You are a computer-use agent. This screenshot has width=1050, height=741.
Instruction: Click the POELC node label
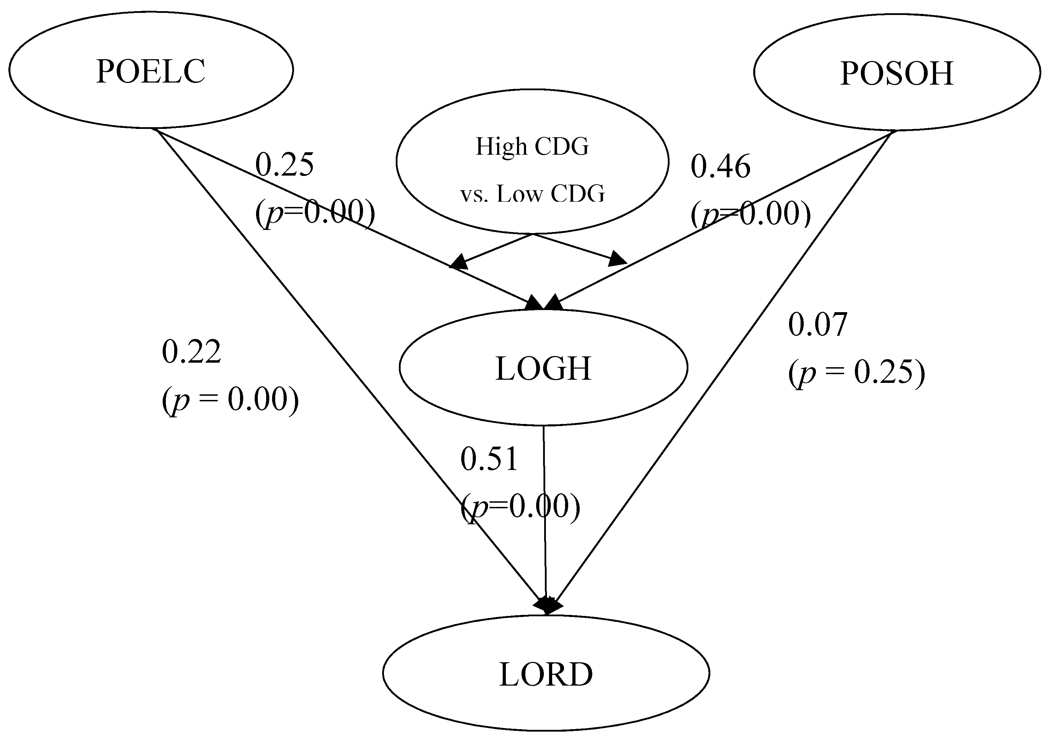tap(150, 72)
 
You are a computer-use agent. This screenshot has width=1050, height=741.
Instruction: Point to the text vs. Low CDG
tap(532, 194)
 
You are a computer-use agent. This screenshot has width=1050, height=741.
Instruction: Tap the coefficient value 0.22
tap(192, 352)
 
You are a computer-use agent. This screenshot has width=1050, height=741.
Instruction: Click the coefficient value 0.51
tap(489, 459)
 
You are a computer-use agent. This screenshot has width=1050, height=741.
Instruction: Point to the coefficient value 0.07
tap(818, 325)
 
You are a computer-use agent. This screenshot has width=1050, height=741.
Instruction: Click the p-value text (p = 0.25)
tap(856, 373)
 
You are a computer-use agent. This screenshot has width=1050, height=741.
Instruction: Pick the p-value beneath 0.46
tap(750, 214)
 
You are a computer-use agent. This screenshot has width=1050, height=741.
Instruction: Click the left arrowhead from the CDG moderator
tap(459, 262)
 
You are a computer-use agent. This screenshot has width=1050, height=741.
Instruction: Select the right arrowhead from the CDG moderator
tap(617, 259)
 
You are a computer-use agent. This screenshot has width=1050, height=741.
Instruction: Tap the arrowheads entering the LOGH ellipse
tap(544, 302)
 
